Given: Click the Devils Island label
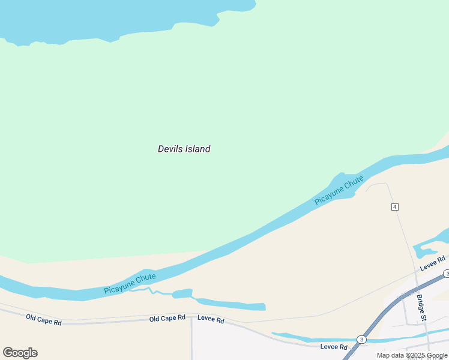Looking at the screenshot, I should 184,149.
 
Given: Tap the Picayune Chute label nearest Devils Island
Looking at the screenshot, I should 339,190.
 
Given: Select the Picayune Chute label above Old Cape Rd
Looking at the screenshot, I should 130,284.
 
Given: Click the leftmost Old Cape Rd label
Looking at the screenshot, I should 44,319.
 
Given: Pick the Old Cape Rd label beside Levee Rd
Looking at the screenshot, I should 167,318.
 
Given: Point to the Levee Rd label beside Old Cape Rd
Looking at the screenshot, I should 211,320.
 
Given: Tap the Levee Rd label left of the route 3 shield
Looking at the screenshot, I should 334,347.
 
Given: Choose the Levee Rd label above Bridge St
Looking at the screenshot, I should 433,262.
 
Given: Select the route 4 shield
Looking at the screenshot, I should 394,207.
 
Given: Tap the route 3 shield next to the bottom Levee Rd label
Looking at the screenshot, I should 361,340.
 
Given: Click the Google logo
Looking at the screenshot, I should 20,353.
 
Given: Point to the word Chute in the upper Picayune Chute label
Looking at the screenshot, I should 354,182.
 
